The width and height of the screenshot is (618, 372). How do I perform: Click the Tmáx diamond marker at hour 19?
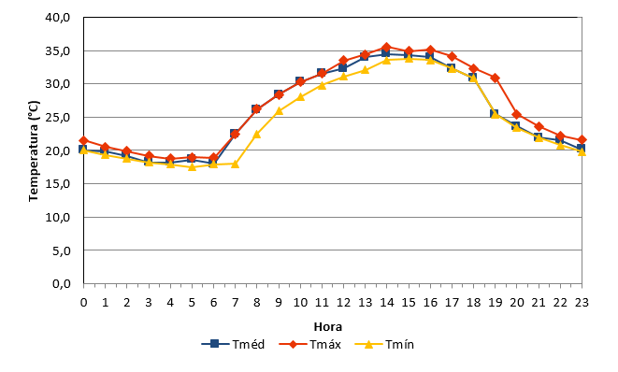[495, 78]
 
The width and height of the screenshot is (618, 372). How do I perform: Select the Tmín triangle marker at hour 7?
[236, 164]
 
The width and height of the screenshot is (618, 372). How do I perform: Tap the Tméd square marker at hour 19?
[495, 113]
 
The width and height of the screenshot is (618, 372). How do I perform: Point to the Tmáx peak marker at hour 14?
[387, 48]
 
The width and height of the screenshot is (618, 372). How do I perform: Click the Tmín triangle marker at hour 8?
[257, 135]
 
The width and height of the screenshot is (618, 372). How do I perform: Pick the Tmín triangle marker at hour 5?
[192, 166]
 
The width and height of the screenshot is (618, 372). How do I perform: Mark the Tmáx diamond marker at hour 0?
[83, 141]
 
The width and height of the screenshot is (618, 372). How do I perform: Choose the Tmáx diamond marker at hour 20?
[517, 115]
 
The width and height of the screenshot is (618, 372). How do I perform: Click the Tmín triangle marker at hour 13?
[365, 70]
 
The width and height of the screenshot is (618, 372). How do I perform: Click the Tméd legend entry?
[233, 344]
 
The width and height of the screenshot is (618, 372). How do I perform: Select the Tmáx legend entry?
[309, 344]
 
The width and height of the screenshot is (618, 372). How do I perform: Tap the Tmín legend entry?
[384, 344]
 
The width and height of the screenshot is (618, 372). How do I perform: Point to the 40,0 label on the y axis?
[58, 18]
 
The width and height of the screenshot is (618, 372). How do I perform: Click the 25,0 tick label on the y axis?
[58, 118]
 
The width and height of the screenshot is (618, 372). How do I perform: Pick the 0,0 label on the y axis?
[61, 284]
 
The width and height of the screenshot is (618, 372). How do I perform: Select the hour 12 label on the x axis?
[343, 302]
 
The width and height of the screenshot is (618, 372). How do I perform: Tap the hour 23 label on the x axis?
[582, 302]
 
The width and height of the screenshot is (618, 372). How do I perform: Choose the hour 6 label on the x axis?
[213, 302]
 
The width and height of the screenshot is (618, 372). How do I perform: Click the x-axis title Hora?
[328, 327]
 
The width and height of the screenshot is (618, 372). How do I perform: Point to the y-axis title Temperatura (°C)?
[34, 150]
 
